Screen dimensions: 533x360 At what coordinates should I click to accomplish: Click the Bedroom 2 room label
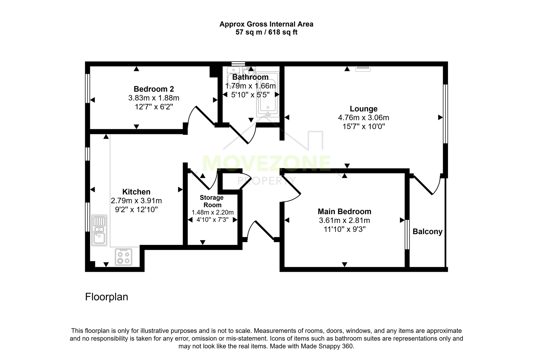coord(154,89)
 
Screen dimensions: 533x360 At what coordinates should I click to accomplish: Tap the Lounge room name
coord(363,109)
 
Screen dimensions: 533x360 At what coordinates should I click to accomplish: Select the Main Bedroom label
coord(345,212)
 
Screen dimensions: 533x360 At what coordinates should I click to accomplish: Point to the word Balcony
coord(428,232)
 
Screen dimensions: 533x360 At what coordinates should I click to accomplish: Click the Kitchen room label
coord(136,192)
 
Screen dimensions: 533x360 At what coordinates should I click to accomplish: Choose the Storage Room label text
coord(212,201)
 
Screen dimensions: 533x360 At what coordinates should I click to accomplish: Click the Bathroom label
coord(250,77)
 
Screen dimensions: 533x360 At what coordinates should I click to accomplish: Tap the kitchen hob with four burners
coord(124,257)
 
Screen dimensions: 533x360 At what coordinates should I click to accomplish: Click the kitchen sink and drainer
coord(99,230)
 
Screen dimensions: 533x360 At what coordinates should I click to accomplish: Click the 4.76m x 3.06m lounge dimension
coord(363,118)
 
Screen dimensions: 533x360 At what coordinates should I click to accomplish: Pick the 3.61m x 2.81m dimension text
coord(345,220)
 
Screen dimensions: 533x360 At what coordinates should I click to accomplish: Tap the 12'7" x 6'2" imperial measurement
coord(154,107)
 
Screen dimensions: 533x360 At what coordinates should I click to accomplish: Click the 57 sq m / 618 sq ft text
coord(266,32)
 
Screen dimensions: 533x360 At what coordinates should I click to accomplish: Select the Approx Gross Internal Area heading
coord(266,24)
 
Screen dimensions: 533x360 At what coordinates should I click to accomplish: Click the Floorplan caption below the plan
coord(107,297)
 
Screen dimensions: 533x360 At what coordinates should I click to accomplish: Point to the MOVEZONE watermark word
coord(266,163)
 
